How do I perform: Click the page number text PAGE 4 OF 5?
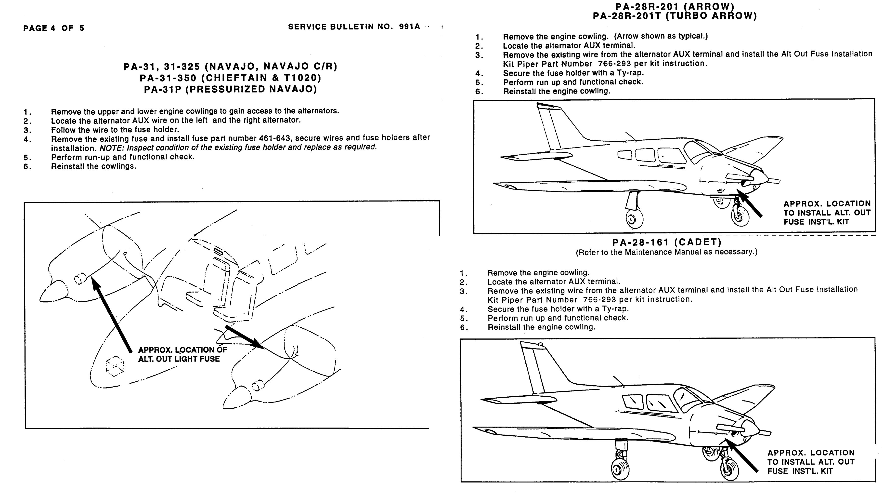point(53,28)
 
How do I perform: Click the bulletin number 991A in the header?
point(409,27)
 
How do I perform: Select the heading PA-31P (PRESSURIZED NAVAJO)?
point(230,90)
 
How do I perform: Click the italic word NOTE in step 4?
point(112,148)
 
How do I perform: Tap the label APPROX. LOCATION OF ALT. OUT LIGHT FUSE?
point(182,354)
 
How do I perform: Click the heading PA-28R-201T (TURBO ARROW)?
point(675,16)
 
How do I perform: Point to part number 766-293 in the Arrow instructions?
point(614,64)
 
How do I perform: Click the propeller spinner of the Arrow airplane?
point(759,178)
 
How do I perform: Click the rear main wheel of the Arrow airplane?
point(634,218)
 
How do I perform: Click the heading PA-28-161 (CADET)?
point(667,242)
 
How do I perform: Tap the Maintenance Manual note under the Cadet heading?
point(666,252)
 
